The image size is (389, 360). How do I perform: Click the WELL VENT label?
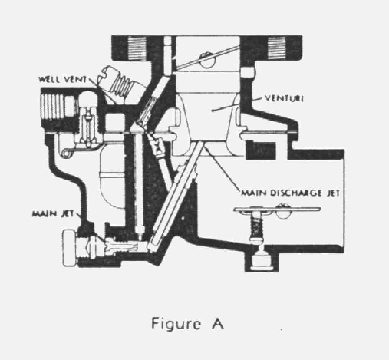63,79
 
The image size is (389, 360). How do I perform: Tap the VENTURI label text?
284,98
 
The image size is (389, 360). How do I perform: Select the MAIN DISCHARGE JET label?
291,193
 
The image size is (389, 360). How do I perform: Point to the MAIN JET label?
53,213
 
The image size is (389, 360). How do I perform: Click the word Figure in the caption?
176,324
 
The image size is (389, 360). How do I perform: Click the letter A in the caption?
218,323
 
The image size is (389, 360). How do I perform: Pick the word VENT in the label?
75,79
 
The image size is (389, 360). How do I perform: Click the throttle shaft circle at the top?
207,60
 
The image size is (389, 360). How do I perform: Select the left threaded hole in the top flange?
137,48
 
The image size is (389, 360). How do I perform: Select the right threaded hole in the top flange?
276,48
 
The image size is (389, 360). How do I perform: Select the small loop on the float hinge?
66,153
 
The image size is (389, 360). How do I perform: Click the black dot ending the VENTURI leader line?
213,111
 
